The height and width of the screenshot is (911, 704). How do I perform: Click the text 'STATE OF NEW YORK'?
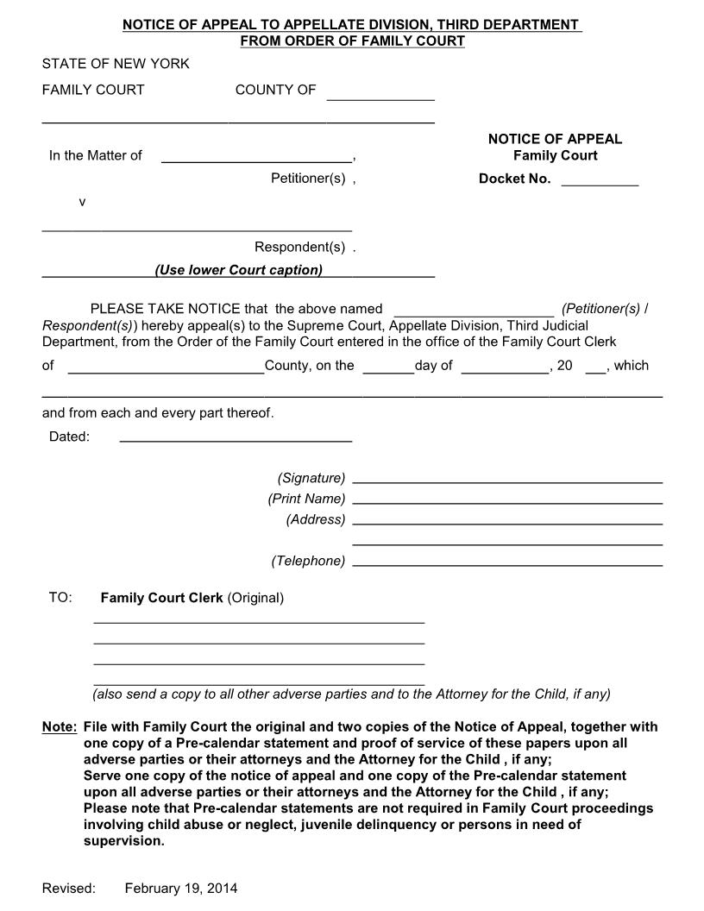(x=116, y=64)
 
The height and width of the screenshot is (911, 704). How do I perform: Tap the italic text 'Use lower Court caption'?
(x=239, y=270)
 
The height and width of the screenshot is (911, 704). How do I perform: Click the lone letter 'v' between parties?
(x=82, y=202)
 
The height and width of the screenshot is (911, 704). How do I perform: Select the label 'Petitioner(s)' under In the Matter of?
(x=308, y=179)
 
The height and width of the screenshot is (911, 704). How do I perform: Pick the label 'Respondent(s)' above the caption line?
(x=299, y=248)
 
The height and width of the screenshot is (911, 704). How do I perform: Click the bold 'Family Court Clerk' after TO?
(x=161, y=598)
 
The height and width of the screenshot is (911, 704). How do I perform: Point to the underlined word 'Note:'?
(x=60, y=727)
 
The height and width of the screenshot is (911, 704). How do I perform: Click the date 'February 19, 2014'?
(x=181, y=888)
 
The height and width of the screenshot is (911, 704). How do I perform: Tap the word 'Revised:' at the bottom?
(x=69, y=888)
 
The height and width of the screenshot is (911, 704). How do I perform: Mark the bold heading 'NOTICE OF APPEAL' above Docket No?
(x=555, y=139)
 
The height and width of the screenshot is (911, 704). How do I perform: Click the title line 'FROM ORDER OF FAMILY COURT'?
(x=352, y=41)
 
